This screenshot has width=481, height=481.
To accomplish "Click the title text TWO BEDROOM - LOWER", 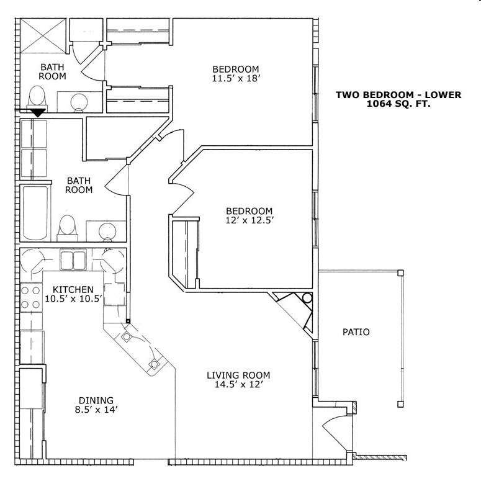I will click(398, 95).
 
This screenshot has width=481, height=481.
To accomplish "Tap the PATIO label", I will click(356, 332).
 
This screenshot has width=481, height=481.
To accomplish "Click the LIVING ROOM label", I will click(238, 375).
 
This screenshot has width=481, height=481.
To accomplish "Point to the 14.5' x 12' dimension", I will click(238, 385).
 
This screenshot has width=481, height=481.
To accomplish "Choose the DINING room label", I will click(96, 400).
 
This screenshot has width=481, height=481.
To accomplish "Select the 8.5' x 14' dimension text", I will click(96, 410).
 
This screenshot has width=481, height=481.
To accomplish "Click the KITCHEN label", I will click(73, 290).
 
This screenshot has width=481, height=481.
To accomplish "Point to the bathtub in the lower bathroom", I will click(35, 213).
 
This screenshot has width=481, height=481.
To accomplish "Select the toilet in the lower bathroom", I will click(66, 228).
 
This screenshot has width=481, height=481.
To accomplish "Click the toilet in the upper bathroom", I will click(38, 98).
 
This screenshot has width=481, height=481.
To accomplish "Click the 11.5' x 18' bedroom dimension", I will click(235, 79).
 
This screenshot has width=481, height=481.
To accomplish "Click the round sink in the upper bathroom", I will click(79, 102).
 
